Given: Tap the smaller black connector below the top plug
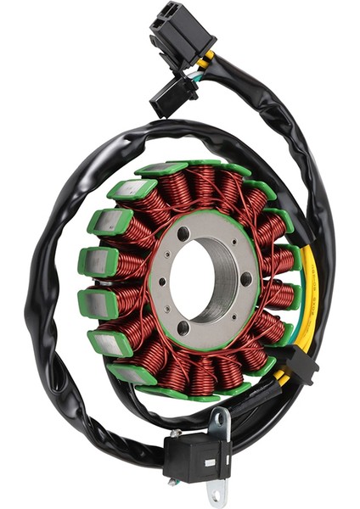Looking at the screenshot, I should (173, 93).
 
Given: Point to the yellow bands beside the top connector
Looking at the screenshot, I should (207, 59).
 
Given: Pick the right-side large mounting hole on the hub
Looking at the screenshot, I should (245, 278).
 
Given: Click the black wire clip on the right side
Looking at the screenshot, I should (302, 365).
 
